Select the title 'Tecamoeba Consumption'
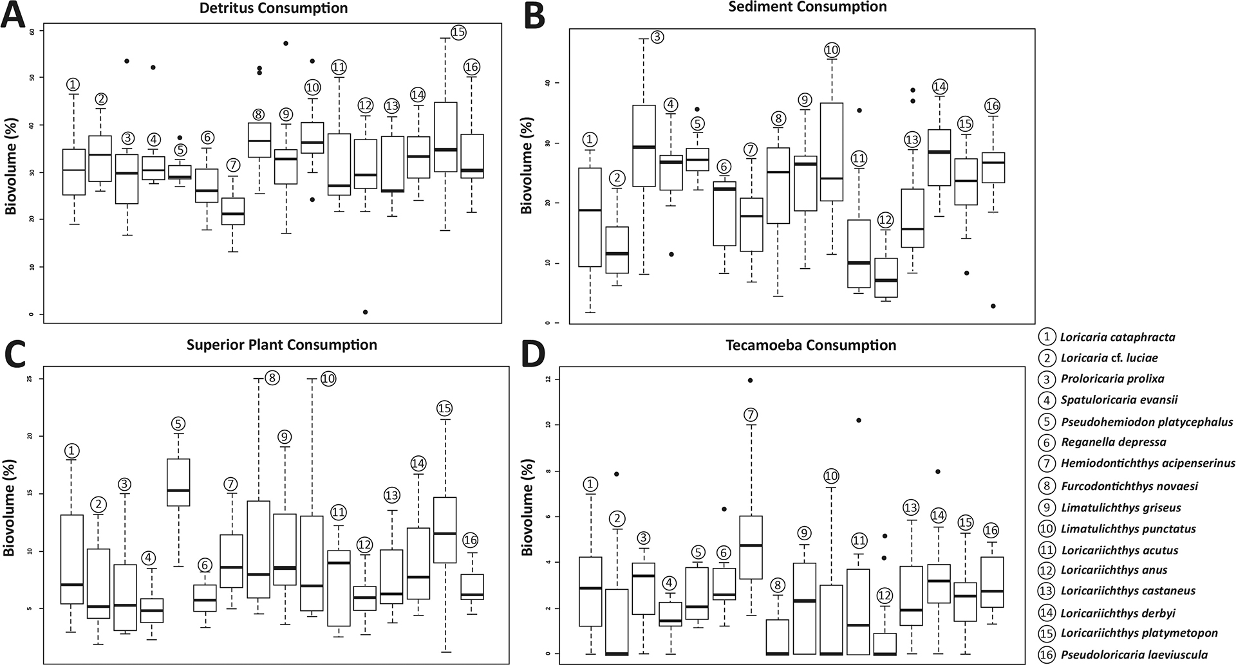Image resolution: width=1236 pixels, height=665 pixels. tap(810, 345)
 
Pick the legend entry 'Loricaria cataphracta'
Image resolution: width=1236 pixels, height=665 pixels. tap(1117, 336)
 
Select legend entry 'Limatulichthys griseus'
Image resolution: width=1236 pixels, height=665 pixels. tap(1120, 507)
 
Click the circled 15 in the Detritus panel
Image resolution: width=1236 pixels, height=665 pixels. tap(458, 32)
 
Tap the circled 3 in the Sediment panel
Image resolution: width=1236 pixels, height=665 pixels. tap(657, 37)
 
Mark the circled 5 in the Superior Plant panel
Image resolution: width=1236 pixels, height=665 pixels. tap(178, 423)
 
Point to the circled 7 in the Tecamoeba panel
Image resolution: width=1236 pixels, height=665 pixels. tap(751, 415)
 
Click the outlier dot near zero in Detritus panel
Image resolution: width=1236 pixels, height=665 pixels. tap(365, 312)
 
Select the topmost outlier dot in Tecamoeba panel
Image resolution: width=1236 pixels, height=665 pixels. tap(751, 380)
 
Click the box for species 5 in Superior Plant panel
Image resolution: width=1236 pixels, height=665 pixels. tap(178, 482)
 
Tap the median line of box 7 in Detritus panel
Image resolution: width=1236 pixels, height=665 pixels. tap(233, 214)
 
